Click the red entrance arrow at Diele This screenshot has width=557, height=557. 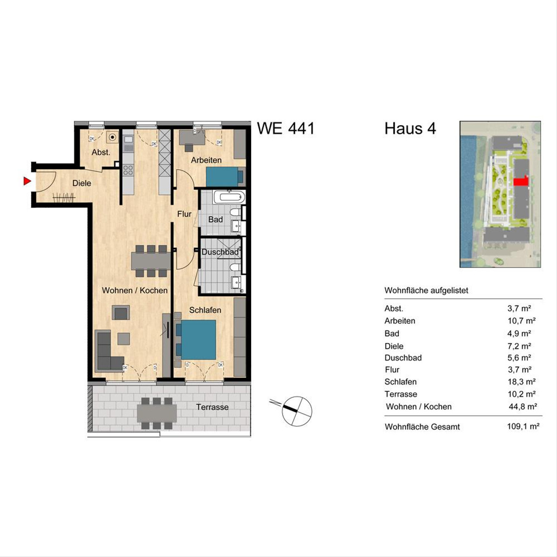(27, 181)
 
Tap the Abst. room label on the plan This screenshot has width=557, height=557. (101, 152)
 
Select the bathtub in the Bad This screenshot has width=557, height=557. (229, 197)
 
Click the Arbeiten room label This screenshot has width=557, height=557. (206, 160)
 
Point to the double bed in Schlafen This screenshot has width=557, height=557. (196, 340)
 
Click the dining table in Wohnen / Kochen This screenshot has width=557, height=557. (151, 261)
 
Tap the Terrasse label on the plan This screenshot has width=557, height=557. (213, 407)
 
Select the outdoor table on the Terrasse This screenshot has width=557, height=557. (157, 413)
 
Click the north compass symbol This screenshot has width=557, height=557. (297, 410)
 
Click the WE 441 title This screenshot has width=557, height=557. (285, 128)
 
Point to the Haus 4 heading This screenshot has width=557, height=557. (410, 128)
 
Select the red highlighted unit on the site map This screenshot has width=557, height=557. (521, 182)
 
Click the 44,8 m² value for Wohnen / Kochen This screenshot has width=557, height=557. (523, 407)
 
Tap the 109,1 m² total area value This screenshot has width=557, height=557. (523, 427)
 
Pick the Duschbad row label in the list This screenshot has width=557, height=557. (403, 357)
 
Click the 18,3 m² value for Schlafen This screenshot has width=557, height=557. (522, 382)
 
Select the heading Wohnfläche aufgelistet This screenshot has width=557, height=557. (427, 291)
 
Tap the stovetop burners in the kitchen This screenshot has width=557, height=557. (128, 170)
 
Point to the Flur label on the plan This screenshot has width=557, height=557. (184, 214)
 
